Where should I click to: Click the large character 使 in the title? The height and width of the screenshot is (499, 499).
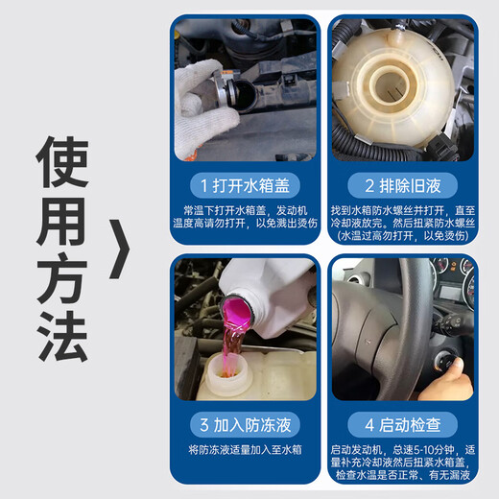pyautogui.click(x=62, y=162)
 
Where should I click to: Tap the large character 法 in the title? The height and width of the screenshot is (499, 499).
pyautogui.click(x=62, y=337)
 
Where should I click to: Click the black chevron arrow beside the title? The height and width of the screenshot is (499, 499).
pyautogui.click(x=120, y=249)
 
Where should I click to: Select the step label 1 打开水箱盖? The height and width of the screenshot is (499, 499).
pyautogui.click(x=245, y=185)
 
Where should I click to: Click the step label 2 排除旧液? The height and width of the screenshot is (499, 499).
pyautogui.click(x=403, y=185)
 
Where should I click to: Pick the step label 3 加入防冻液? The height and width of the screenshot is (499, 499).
pyautogui.click(x=245, y=425)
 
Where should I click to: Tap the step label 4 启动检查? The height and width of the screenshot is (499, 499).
pyautogui.click(x=403, y=425)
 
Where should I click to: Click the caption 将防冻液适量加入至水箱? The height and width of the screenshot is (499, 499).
pyautogui.click(x=245, y=450)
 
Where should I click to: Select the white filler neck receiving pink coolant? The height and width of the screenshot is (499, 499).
pyautogui.click(x=226, y=375)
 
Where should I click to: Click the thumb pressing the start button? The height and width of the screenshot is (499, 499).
pyautogui.click(x=454, y=366)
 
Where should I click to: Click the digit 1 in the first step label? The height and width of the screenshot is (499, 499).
pyautogui.click(x=204, y=186)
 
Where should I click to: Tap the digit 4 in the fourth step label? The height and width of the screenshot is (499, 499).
pyautogui.click(x=369, y=425)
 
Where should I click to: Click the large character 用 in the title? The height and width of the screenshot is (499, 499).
pyautogui.click(x=62, y=221)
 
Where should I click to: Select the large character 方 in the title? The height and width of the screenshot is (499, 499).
pyautogui.click(x=62, y=278)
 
